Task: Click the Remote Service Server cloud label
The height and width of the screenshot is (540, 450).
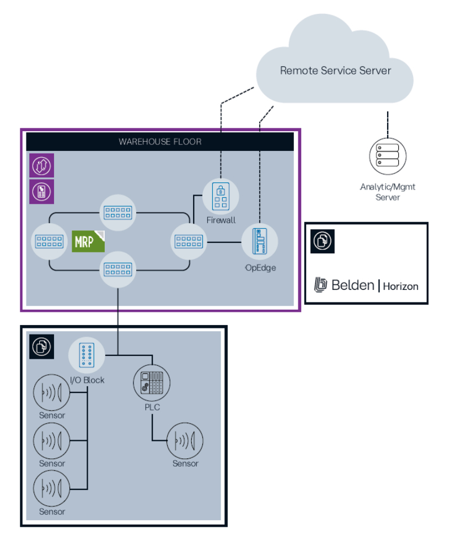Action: [x=335, y=71]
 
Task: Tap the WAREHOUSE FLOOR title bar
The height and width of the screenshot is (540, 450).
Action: [x=160, y=142]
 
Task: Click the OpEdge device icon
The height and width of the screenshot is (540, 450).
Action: [x=260, y=241]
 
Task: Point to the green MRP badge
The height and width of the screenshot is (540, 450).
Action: [x=88, y=241]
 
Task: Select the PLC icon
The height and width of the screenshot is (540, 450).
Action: [x=152, y=381]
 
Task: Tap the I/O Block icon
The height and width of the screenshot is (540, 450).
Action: [x=86, y=355]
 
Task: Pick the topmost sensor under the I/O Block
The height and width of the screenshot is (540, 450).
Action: [x=52, y=393]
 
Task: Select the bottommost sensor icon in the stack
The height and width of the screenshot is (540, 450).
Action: [x=52, y=489]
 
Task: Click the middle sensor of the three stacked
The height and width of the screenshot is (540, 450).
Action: [x=52, y=441]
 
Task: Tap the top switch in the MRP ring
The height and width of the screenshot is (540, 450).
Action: [x=117, y=213]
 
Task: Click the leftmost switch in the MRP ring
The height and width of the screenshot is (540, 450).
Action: [x=49, y=241]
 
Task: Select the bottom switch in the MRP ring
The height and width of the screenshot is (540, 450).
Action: [x=117, y=269]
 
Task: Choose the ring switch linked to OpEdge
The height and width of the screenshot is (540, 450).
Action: [x=189, y=241]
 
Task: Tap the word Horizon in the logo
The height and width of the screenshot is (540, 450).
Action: [x=400, y=286]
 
